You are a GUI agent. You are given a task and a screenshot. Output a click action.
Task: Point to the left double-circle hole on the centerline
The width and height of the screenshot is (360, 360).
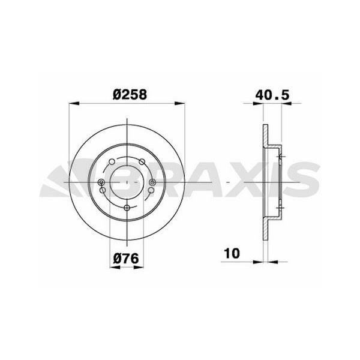101,182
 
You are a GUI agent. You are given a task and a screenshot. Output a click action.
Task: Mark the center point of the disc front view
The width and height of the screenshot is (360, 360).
127,182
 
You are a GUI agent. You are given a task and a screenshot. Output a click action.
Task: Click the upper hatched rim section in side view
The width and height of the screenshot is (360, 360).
265,135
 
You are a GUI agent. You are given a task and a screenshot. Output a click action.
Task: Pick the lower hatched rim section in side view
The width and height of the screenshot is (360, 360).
265,229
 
